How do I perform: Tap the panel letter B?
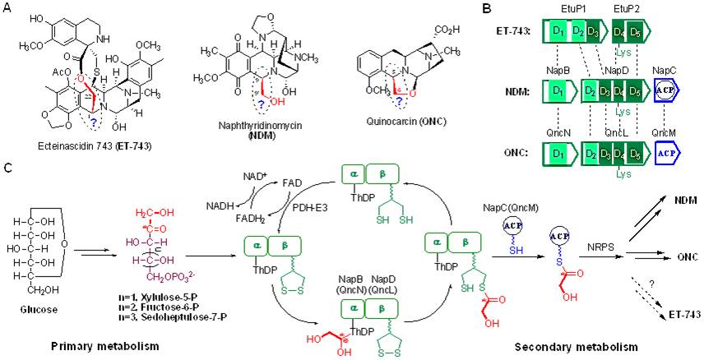pyautogui.click(x=487, y=7)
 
